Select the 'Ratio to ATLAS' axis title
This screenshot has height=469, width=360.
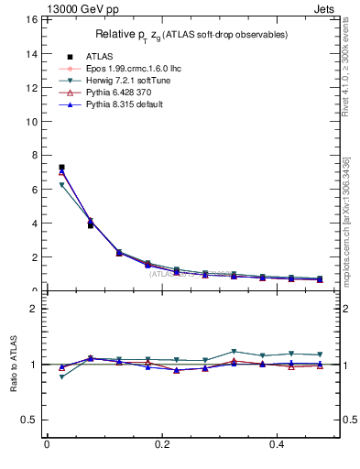tap(16, 365)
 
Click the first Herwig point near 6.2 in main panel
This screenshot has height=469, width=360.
tap(61, 185)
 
